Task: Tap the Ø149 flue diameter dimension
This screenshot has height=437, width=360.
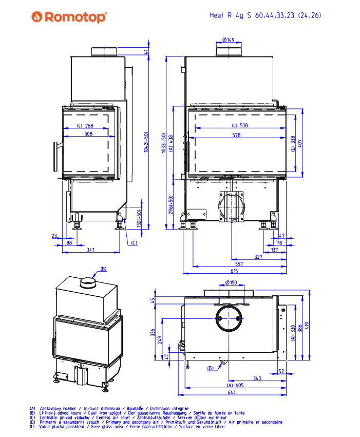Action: coord(229,40)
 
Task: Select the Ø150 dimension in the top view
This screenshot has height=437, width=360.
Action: coord(231,282)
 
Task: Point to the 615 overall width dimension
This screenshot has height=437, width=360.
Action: coord(234,271)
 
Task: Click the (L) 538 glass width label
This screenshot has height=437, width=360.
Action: coord(239,125)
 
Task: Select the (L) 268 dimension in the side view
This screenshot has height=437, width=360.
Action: coord(85,125)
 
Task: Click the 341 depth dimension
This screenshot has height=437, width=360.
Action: coord(90,250)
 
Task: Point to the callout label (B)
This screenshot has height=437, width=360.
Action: coord(103,269)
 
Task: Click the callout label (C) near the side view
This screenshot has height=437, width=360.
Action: coord(134,243)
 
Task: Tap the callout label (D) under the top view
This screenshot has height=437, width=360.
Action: coord(211,368)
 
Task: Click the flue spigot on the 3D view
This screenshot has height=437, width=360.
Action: coord(88,282)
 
